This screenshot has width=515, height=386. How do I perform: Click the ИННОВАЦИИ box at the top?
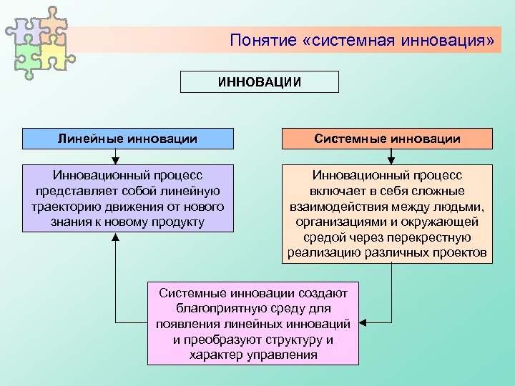click(259, 81)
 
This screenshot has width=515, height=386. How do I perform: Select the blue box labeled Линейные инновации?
click(127, 138)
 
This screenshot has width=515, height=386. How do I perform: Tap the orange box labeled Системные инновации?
click(387, 138)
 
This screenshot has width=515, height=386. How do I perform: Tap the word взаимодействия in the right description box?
click(353, 207)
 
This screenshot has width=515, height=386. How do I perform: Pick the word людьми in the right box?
click(461, 207)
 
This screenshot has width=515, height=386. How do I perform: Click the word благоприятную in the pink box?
click(217, 308)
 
